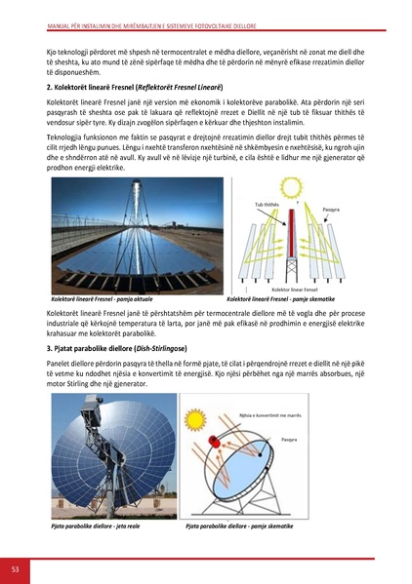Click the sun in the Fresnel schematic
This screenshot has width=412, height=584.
click(x=289, y=186)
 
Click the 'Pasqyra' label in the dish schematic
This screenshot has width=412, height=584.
click(x=293, y=467)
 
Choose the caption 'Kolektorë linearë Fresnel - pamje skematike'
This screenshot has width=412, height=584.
click(x=281, y=299)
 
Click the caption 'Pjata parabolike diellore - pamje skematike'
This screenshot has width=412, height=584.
click(x=239, y=526)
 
